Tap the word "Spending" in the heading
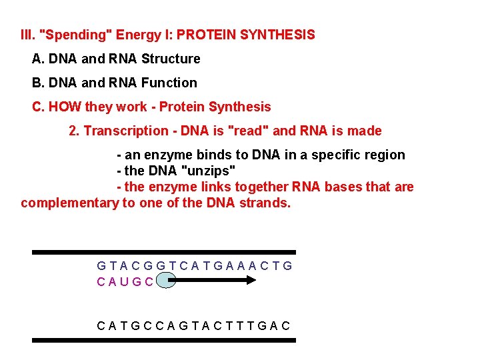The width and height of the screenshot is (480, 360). (x=68, y=35)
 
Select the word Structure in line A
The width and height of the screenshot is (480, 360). (x=171, y=59)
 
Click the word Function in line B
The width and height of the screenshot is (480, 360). (x=169, y=83)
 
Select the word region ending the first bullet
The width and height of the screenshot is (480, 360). (x=383, y=155)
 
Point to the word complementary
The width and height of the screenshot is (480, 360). (x=69, y=203)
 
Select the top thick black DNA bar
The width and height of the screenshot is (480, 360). (x=164, y=253)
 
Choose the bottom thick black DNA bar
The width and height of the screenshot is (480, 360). (x=164, y=340)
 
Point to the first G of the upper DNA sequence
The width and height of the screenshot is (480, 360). (x=101, y=266)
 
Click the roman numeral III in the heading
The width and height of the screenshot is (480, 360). (x=29, y=35)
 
